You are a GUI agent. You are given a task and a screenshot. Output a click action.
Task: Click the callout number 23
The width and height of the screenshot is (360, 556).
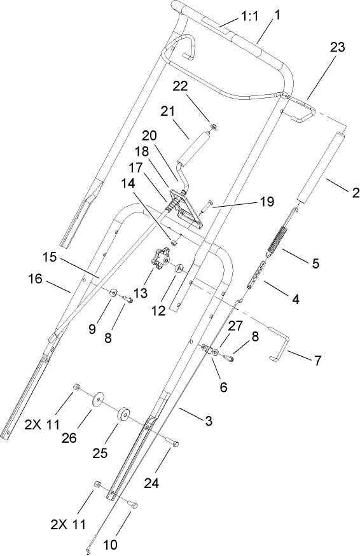coord(339,47)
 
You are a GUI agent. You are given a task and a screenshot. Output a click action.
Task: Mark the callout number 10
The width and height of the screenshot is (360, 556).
coord(111,544)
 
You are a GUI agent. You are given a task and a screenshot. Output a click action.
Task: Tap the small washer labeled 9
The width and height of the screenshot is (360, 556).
coord(113,293)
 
